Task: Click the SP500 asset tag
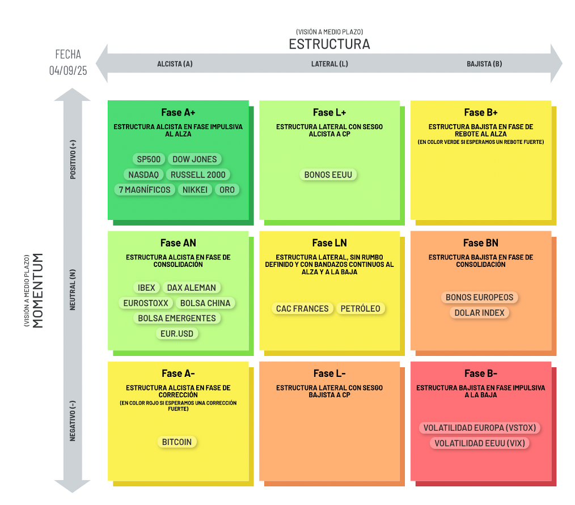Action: click(x=149, y=159)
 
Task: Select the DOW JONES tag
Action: click(x=195, y=159)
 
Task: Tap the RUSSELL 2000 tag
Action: click(x=198, y=175)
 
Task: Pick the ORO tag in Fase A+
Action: click(x=227, y=190)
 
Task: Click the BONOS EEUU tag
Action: click(x=328, y=175)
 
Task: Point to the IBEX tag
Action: click(x=146, y=288)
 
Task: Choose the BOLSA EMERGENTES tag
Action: click(x=177, y=319)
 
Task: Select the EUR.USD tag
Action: click(x=177, y=334)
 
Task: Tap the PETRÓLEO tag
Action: click(x=361, y=309)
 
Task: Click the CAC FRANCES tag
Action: click(x=302, y=309)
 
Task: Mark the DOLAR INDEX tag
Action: click(x=480, y=313)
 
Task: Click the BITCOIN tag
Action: click(x=177, y=442)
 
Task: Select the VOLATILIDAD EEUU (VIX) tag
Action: click(x=480, y=443)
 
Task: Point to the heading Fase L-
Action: click(x=329, y=374)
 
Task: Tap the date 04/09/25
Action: click(x=68, y=71)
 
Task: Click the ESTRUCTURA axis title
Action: click(x=329, y=44)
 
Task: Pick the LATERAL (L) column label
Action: click(x=329, y=64)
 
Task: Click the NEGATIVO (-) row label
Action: click(x=73, y=420)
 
